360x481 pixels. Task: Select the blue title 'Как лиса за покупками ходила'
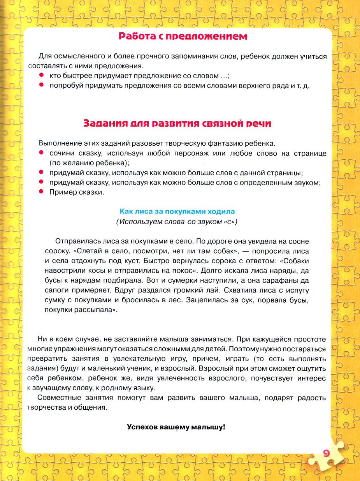(x=177, y=211)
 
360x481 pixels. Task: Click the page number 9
(x=327, y=453)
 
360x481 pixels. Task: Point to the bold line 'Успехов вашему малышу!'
(x=176, y=426)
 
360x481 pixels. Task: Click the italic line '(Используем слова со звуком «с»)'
(x=177, y=222)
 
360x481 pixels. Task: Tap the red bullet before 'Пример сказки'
(x=41, y=192)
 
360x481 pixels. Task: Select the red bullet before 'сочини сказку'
(x=41, y=153)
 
